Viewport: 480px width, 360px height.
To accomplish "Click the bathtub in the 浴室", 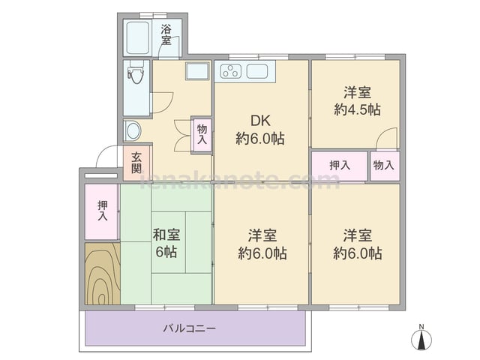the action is click(137, 37).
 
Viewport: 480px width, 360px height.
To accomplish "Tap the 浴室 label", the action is click(166, 35).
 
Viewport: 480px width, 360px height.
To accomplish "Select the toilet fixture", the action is click(136, 72).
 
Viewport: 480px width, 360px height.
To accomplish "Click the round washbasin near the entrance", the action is click(133, 131).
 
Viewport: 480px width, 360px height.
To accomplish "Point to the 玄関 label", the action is click(136, 163).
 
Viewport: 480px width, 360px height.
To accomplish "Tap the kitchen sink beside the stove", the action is click(257, 71).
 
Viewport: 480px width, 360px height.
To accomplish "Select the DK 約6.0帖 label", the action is click(260, 130).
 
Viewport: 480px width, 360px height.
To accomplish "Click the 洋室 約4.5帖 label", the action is click(357, 101).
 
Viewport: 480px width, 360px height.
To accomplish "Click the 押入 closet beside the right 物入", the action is click(340, 166).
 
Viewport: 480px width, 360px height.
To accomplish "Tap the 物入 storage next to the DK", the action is click(202, 134).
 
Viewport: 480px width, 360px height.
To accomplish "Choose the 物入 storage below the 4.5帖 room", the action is click(385, 166).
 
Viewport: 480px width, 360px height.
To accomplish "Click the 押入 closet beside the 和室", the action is click(102, 211).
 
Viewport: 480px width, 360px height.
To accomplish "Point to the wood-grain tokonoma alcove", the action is click(103, 273).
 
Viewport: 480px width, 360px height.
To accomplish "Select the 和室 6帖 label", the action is click(166, 243).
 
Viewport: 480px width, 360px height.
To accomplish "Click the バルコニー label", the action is click(189, 328).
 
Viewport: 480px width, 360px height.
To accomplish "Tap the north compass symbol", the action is click(421, 337).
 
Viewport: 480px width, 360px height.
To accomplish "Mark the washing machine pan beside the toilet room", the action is click(197, 70).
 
